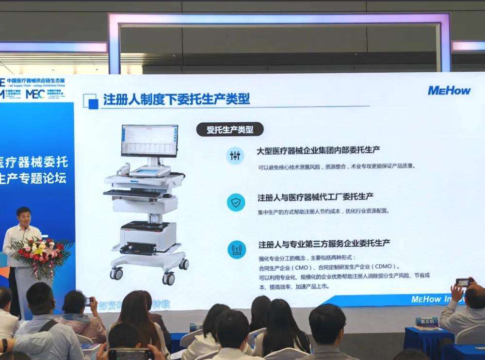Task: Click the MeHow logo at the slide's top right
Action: click(x=449, y=90)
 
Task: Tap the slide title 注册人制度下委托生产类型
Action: click(x=177, y=99)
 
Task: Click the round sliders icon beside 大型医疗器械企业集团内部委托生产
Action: click(x=236, y=155)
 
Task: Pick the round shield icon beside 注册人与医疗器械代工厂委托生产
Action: click(x=236, y=202)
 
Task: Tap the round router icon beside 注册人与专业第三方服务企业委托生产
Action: click(x=236, y=249)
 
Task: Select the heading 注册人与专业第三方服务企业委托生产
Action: click(x=324, y=243)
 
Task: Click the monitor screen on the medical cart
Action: click(x=149, y=140)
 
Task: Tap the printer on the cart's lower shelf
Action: click(x=147, y=235)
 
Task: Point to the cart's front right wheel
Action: click(x=168, y=278)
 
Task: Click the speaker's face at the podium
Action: click(x=23, y=216)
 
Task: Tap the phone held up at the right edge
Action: click(x=463, y=282)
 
